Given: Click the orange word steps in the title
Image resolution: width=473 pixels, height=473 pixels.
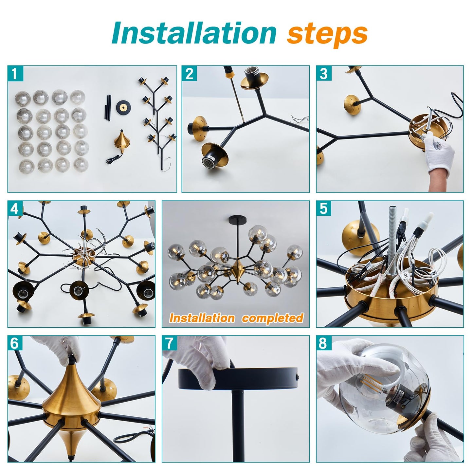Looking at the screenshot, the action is pos(327,36).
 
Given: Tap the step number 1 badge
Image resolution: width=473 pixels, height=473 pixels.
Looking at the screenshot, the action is pos(15,73).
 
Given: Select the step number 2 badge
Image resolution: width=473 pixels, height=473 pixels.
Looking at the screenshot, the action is pos(189,73).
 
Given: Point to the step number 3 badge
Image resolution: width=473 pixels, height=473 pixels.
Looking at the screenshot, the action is pos(324,73).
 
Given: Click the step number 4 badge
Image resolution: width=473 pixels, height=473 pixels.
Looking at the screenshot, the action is pos(15,209).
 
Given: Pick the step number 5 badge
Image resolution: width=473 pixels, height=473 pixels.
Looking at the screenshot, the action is pos(324,209).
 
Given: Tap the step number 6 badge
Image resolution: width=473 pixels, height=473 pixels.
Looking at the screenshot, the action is pos(15,343).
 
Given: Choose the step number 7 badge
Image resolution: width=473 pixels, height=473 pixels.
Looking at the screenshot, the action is pos(170,343).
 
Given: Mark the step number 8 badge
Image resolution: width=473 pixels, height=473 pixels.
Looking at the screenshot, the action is pos(324,343).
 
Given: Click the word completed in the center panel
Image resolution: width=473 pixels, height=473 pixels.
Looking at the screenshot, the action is pos(273,318).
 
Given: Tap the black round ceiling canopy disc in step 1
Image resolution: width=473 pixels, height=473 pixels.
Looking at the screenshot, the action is pos(123,107).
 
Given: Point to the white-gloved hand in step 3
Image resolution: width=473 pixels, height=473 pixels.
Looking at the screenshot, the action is pos(439,151).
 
